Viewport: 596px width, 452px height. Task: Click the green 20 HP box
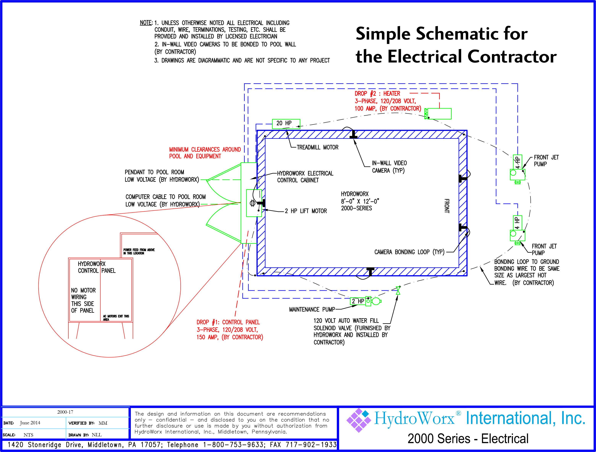tap(286, 123)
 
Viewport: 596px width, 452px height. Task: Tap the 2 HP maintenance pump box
tap(358, 301)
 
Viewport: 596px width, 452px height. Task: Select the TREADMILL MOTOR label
tap(317, 147)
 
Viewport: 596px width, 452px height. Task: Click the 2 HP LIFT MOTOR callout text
tap(306, 211)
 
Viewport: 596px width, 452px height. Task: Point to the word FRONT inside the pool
tap(447, 206)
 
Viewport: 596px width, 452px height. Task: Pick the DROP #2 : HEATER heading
tap(377, 94)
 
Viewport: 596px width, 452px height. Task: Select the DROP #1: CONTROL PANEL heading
tap(228, 322)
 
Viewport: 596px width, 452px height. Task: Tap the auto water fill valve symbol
tap(398, 291)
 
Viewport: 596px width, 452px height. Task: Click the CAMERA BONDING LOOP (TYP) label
tap(409, 252)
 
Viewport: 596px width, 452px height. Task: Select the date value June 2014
tap(30, 423)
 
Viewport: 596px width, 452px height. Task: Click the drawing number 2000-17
tap(65, 412)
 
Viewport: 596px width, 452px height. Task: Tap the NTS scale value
tap(28, 435)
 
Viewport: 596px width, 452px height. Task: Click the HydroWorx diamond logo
tap(358, 420)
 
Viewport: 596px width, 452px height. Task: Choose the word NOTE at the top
tap(146, 23)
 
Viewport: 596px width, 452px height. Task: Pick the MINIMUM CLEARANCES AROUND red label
tap(205, 149)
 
